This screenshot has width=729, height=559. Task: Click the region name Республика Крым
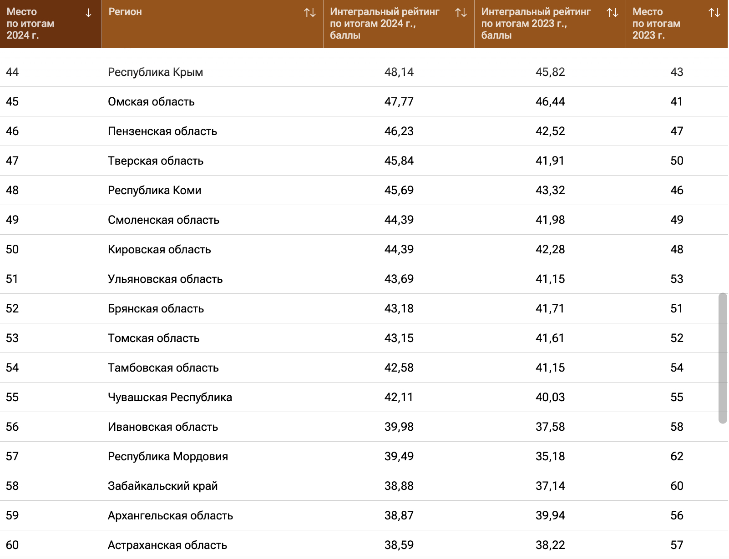[x=155, y=72]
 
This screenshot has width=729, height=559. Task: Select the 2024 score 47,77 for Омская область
[x=399, y=102]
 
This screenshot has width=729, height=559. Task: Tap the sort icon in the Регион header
[x=310, y=13]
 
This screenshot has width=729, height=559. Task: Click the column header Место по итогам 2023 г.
[x=656, y=24]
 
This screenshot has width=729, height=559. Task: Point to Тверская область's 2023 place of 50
[x=677, y=161]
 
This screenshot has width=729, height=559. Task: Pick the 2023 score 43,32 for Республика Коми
[x=550, y=191]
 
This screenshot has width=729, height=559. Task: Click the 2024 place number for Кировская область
[x=12, y=250]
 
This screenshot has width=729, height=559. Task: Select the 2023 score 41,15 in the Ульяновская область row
[x=550, y=279]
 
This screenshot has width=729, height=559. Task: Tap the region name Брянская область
[x=156, y=309]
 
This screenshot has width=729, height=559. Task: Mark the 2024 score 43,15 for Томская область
[x=399, y=338]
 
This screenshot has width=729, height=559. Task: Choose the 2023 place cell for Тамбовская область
[x=677, y=368]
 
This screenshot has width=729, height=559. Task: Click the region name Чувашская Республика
[x=170, y=398]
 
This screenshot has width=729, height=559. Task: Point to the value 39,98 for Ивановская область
[x=399, y=427]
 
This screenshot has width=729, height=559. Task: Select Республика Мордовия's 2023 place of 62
[x=677, y=457]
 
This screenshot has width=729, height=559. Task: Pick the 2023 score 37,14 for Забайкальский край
[x=550, y=486]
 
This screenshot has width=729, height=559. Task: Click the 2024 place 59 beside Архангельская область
[x=12, y=516]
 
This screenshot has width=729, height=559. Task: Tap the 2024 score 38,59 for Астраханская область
[x=399, y=545]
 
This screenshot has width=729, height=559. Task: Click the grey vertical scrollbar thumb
[x=723, y=358]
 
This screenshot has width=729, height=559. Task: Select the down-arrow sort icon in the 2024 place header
[x=88, y=13]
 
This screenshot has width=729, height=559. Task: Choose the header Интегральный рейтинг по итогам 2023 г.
[x=536, y=24]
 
